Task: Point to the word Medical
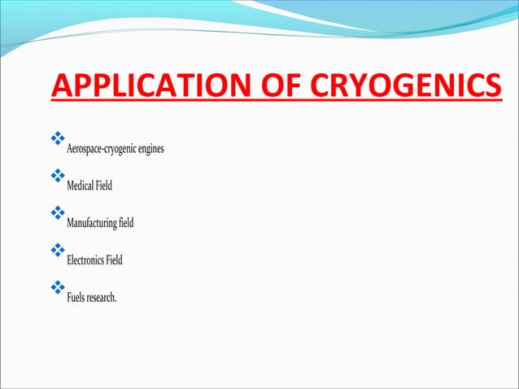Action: coord(80,186)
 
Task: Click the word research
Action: coord(102,298)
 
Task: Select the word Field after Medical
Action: coord(104,186)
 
